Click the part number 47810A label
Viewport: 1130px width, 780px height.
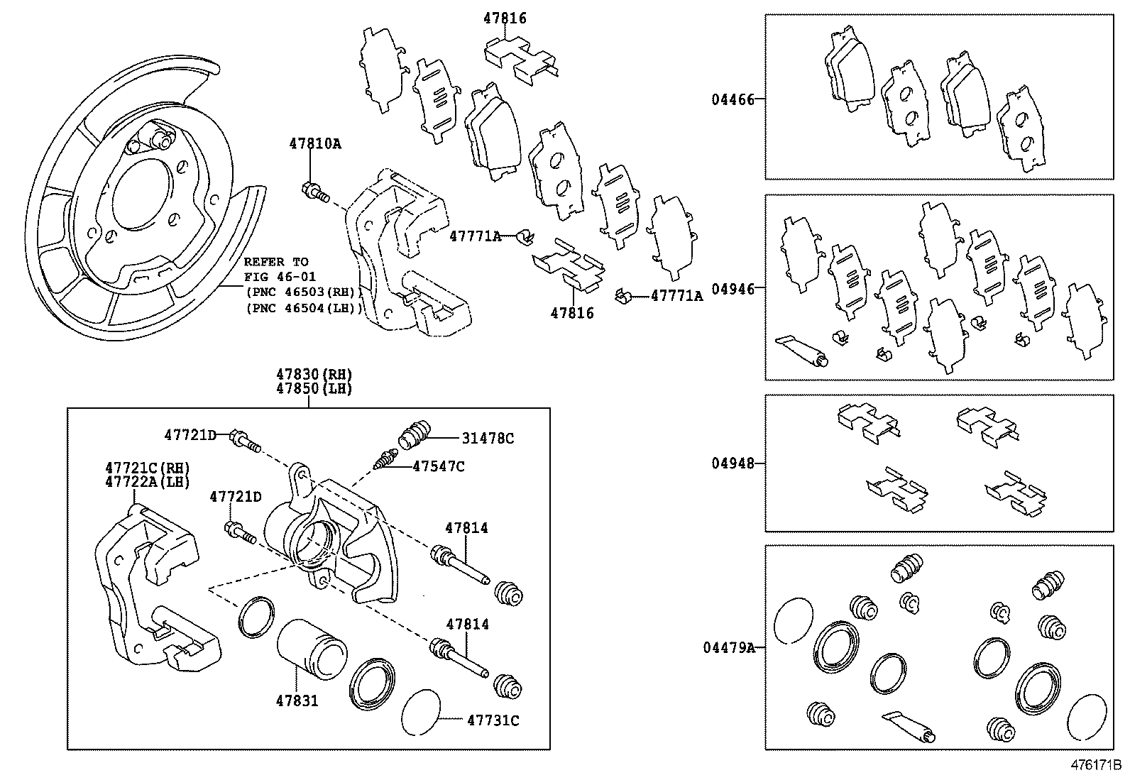(314, 144)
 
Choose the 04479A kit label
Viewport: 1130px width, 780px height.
(729, 647)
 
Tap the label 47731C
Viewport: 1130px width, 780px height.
(493, 721)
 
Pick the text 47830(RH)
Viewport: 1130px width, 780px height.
(314, 374)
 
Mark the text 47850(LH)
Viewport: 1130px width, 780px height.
(314, 388)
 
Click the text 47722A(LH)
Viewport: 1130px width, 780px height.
(148, 482)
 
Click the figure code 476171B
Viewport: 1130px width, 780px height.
(1095, 767)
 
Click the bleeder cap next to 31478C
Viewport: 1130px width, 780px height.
(415, 435)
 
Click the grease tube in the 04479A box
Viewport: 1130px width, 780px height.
(908, 727)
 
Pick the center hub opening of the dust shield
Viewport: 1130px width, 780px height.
(141, 194)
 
